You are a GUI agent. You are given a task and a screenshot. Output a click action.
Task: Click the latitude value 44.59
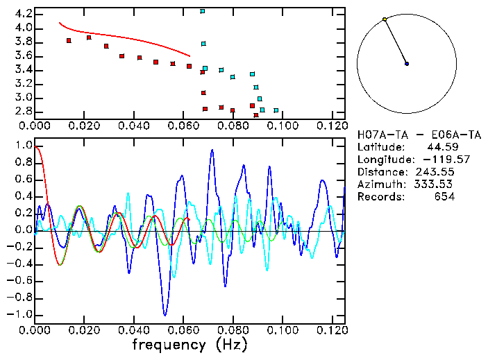438,147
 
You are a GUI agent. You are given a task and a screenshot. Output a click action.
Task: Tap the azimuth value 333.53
435,185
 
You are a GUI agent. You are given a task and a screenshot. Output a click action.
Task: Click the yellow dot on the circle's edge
385,19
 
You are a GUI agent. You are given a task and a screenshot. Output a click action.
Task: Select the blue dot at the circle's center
407,64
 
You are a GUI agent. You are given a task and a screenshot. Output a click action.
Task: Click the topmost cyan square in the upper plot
203,11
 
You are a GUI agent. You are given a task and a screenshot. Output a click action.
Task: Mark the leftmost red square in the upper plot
69,41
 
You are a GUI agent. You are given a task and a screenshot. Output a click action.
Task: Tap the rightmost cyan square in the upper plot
276,110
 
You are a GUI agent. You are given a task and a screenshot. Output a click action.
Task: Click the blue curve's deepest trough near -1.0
165,314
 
